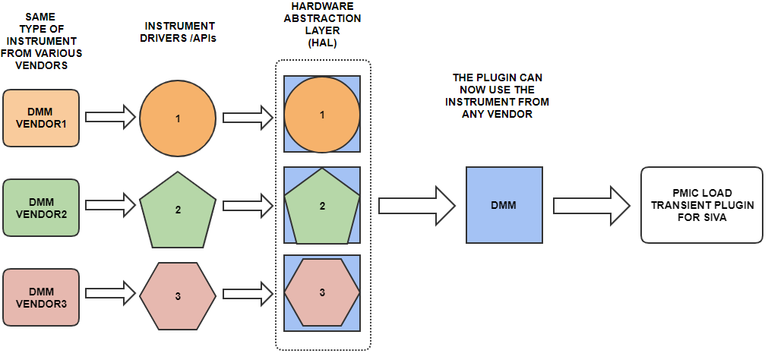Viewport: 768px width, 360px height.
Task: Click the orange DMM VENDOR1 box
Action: [x=41, y=118]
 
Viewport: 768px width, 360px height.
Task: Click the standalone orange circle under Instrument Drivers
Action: [x=178, y=118]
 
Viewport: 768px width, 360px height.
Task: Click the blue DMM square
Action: [x=504, y=205]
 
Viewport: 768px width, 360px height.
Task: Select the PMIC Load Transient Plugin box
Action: [x=702, y=205]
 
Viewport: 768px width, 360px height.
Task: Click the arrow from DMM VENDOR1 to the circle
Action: [x=109, y=118]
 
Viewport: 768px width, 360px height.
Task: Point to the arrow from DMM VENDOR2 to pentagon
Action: [x=109, y=205]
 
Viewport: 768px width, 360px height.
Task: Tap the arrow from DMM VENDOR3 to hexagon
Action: [x=109, y=293]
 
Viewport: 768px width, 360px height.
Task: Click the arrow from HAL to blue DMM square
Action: [x=416, y=206]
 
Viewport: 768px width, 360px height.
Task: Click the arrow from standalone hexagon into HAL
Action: [x=247, y=292]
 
